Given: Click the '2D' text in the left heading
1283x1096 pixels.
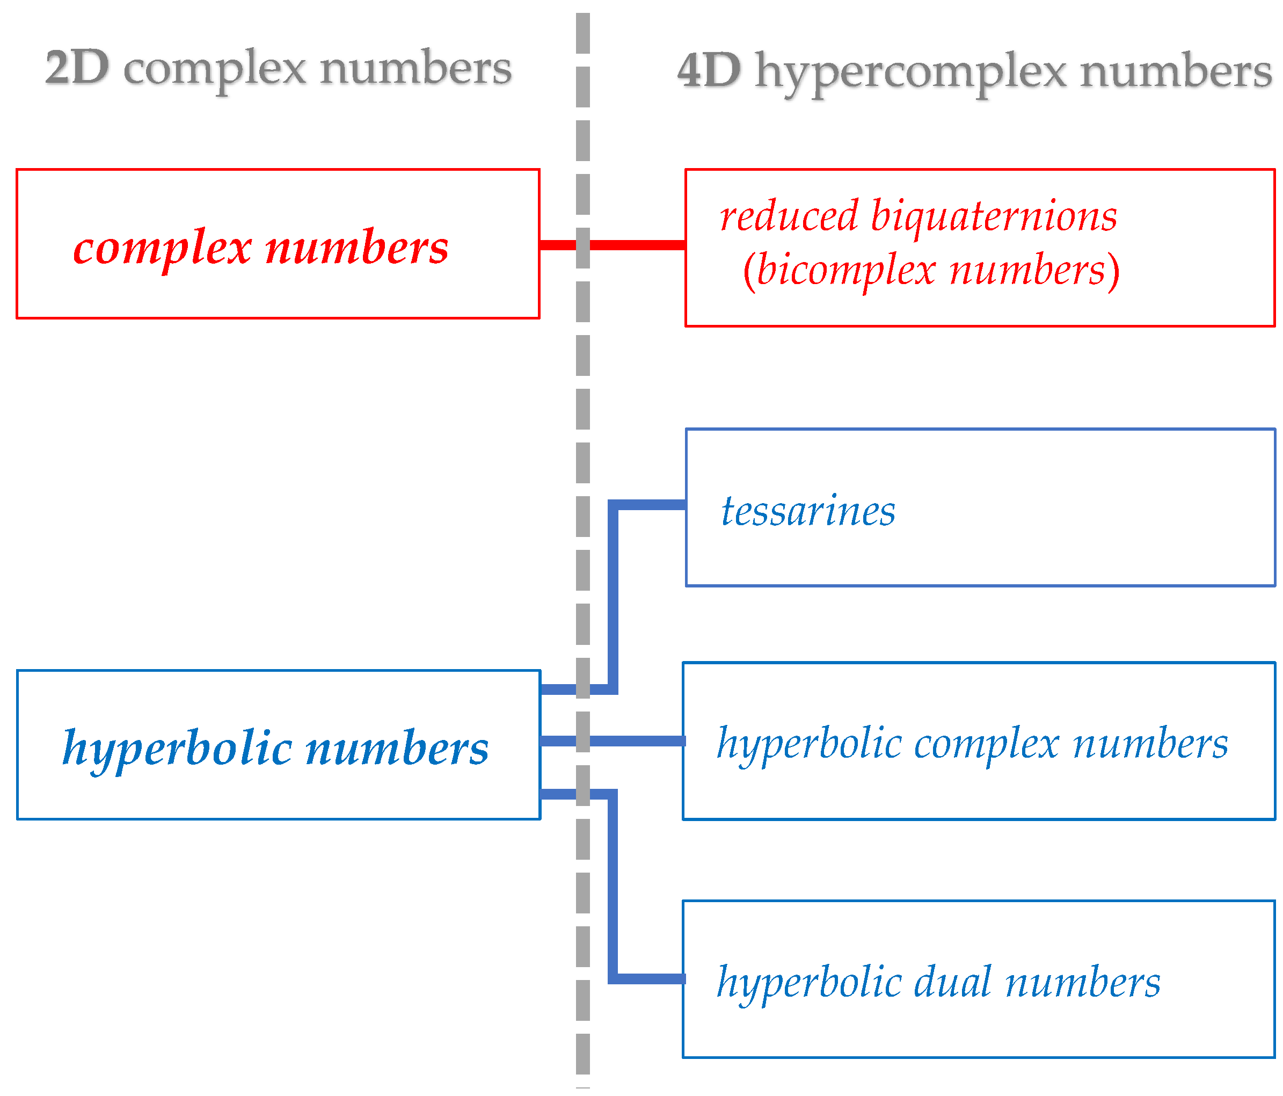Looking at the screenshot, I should (77, 68).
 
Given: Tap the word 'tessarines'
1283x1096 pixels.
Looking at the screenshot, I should (808, 511).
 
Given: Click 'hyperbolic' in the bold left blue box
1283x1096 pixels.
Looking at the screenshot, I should (177, 749).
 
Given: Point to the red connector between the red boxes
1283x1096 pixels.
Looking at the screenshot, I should (638, 245).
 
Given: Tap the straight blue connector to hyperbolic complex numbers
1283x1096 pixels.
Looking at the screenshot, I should (638, 741).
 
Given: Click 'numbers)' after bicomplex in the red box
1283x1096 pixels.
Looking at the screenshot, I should (1034, 271).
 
